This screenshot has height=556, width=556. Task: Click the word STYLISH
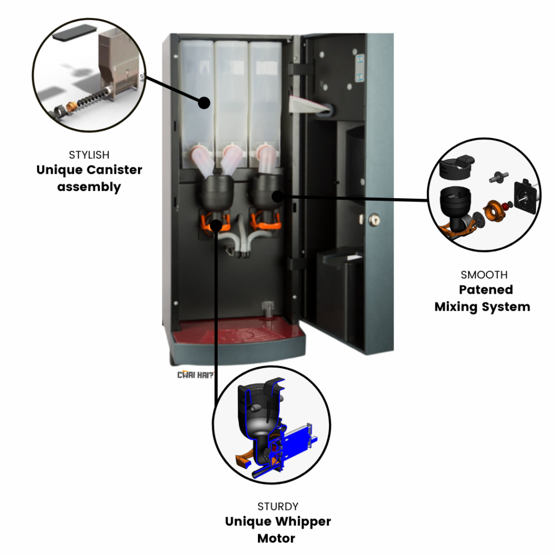click(89, 155)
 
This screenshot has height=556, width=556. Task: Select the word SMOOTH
click(484, 275)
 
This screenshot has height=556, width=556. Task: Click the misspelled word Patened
click(486, 290)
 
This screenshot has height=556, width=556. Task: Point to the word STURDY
click(278, 507)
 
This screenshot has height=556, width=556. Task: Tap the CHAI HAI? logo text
click(195, 375)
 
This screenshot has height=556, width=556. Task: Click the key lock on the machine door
click(374, 220)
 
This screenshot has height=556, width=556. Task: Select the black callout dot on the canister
click(204, 103)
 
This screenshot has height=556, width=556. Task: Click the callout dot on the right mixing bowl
click(277, 196)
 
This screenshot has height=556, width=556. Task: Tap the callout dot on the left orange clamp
click(216, 225)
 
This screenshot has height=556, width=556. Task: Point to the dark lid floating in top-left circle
click(74, 32)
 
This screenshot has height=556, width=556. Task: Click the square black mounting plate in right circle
click(525, 195)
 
